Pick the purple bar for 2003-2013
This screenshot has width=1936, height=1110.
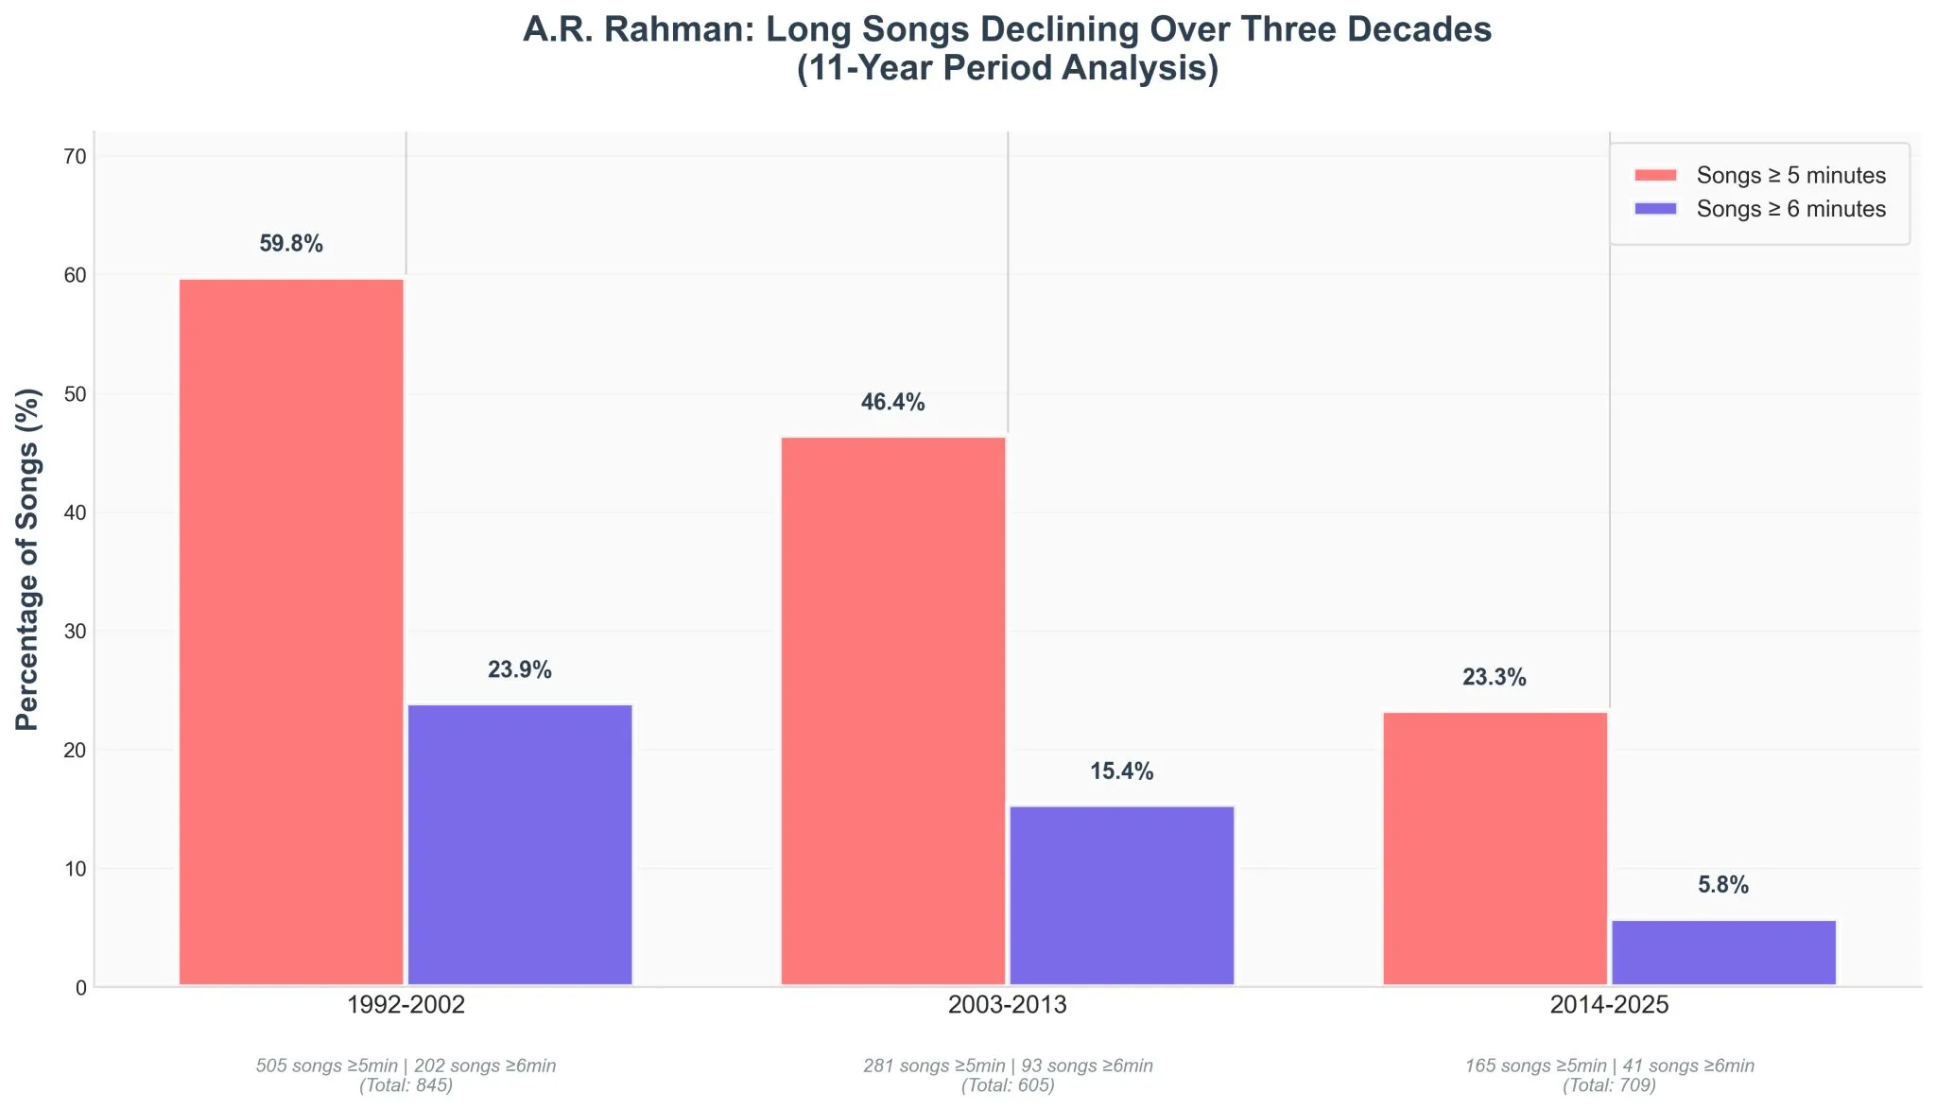pyautogui.click(x=1122, y=895)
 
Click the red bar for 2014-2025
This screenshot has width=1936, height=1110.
pyautogui.click(x=1495, y=848)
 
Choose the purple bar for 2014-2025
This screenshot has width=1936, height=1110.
pyautogui.click(x=1723, y=952)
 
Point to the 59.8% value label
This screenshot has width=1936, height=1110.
pyautogui.click(x=291, y=244)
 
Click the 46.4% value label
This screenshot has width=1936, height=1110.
pyautogui.click(x=892, y=403)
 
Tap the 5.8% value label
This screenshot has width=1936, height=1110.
pyautogui.click(x=1723, y=886)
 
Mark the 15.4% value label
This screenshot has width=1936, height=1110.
pyautogui.click(x=1121, y=772)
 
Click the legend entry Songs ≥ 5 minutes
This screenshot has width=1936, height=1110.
pyautogui.click(x=1790, y=176)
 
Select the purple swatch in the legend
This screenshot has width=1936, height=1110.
pyautogui.click(x=1654, y=209)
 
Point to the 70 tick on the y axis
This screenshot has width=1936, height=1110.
pyautogui.click(x=76, y=157)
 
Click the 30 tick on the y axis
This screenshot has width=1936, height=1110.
pyautogui.click(x=76, y=632)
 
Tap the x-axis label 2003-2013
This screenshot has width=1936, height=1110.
pyautogui.click(x=1007, y=1005)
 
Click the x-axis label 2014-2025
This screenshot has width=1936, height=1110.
pyautogui.click(x=1609, y=1005)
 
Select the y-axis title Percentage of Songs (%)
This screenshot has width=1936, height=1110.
pyautogui.click(x=28, y=559)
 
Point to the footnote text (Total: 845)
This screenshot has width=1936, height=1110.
pyautogui.click(x=406, y=1086)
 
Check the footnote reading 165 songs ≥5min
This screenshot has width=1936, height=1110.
pyautogui.click(x=1535, y=1067)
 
